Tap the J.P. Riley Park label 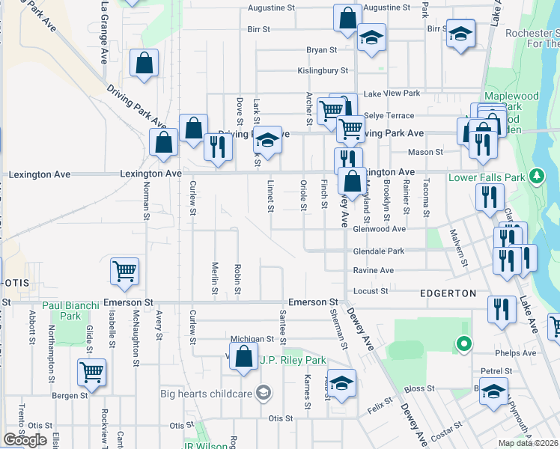point(292,360)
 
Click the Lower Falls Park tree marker point(536,177)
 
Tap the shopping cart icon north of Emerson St point(124,272)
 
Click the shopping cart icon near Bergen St point(91,373)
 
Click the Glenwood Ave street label point(379,229)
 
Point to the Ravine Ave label point(373,270)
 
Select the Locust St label point(371,290)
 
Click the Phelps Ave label point(516,352)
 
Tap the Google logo point(25,440)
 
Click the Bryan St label point(321,50)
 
